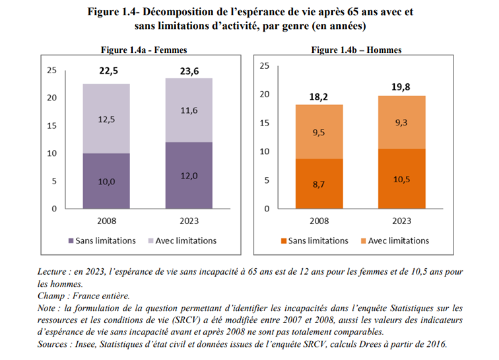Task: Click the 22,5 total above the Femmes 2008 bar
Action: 109,71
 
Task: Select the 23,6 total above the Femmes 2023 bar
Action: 189,72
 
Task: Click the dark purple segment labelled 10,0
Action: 106,181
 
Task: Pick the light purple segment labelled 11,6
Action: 189,110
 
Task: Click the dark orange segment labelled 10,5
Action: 402,179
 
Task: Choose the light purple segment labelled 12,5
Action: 106,119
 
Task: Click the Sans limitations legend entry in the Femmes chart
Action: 101,241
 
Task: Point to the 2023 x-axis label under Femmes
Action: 189,221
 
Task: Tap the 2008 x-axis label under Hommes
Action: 319,221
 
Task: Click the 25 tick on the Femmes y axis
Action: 52,70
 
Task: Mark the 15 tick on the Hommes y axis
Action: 265,123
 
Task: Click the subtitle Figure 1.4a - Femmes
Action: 144,50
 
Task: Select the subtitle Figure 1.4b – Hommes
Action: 356,50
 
